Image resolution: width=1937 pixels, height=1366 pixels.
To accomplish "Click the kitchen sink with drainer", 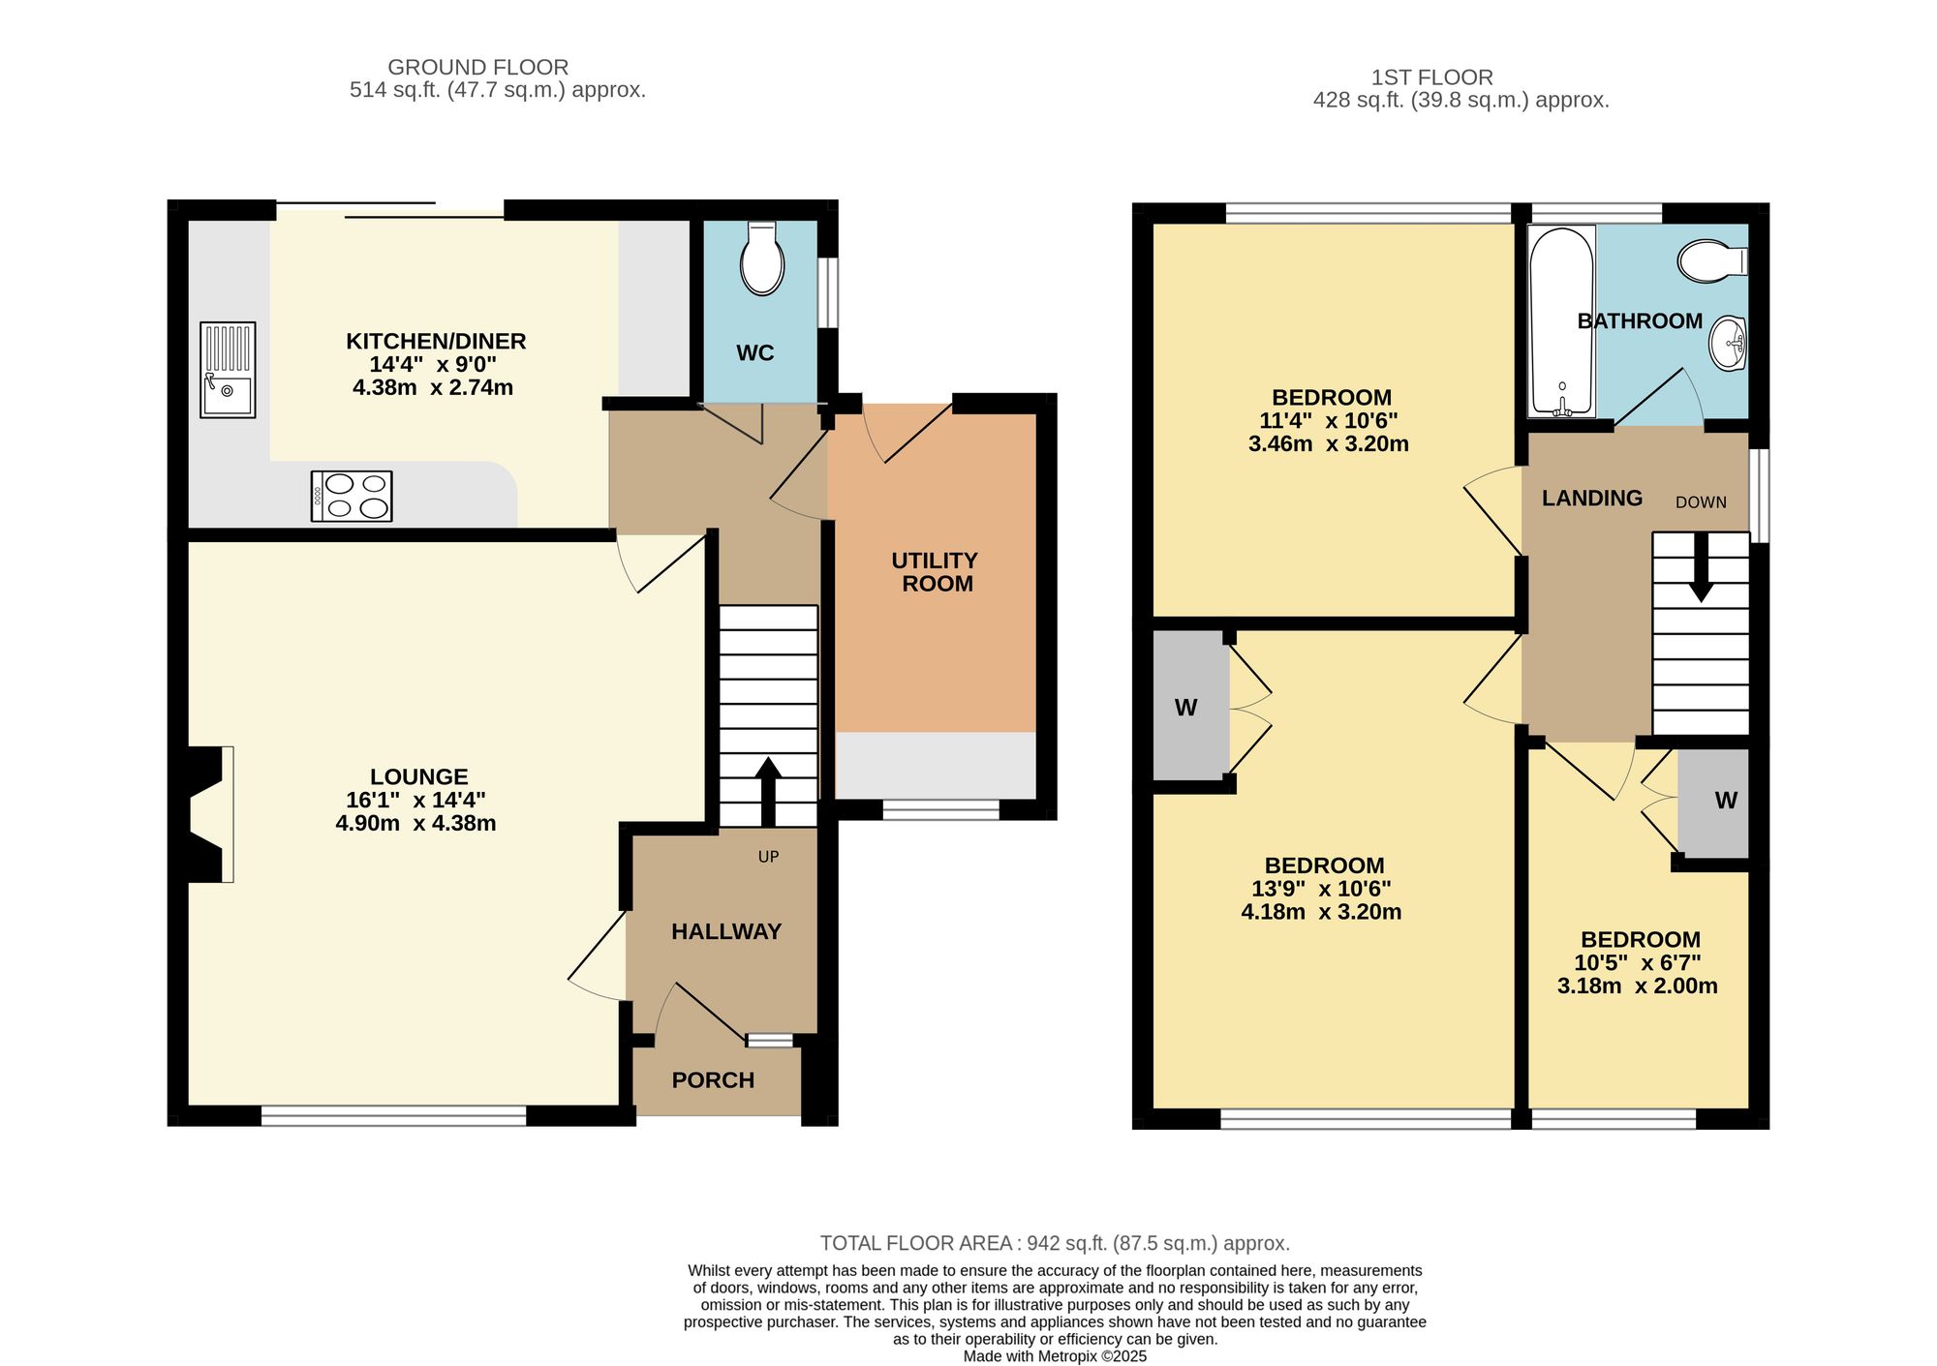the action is [228, 370].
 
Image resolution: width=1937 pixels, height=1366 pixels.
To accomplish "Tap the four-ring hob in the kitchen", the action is [352, 496].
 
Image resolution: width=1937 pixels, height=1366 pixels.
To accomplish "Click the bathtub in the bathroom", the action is [1562, 321].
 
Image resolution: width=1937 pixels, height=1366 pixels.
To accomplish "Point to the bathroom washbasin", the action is [1728, 343].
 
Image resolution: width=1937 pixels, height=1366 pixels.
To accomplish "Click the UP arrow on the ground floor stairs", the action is [768, 792].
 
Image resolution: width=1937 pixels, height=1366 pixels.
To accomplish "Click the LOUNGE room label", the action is [418, 776].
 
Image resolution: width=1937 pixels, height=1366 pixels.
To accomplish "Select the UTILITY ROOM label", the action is [935, 572].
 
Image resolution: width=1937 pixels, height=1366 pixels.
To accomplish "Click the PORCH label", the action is [713, 1080].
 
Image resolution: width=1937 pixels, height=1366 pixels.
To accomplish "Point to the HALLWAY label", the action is [726, 931].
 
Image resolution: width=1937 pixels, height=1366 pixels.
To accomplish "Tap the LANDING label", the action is [1592, 498].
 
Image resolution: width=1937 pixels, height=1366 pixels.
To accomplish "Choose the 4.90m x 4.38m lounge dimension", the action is [415, 823].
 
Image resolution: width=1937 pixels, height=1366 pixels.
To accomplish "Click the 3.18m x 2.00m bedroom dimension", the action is [1638, 986].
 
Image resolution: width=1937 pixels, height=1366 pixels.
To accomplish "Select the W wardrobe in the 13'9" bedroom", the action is [1187, 707].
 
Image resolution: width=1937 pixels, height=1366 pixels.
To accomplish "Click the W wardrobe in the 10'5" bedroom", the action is [1714, 802].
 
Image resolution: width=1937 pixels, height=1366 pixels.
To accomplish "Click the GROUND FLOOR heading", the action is [478, 67].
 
